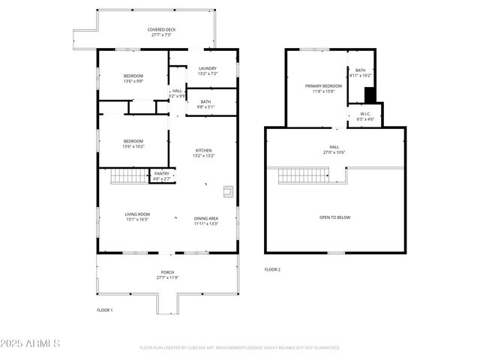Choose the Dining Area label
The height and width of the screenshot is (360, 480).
(x=206, y=216)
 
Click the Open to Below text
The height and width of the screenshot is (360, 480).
(x=334, y=217)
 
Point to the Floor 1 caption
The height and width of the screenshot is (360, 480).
(x=104, y=310)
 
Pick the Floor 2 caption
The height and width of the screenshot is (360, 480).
(x=272, y=269)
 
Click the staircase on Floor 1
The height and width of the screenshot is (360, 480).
(x=128, y=177)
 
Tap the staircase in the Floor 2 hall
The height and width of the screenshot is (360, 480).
(x=304, y=176)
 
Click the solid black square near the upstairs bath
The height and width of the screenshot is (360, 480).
(x=369, y=94)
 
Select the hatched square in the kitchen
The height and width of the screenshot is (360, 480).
(x=229, y=190)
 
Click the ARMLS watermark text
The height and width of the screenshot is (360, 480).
(x=30, y=343)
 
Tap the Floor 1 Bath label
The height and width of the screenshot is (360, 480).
(x=205, y=104)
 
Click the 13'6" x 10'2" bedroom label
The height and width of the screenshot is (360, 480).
(x=133, y=144)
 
